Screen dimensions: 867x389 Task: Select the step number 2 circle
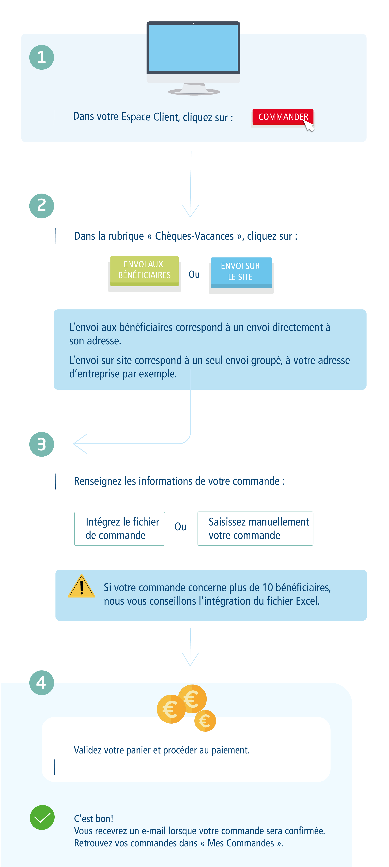point(42,206)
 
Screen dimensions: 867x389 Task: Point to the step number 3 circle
point(42,444)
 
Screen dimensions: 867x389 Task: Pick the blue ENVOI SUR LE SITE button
point(241,272)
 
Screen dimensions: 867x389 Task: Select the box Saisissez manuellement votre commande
point(255,528)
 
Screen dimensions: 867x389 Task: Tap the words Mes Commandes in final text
point(241,843)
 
